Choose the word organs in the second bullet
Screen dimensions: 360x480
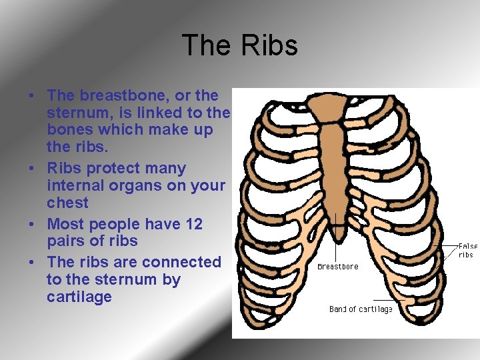tap(139, 185)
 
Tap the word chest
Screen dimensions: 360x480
tap(67, 203)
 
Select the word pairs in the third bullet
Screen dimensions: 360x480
tap(67, 241)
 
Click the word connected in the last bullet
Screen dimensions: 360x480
tap(178, 262)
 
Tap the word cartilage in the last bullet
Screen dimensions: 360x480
tap(79, 297)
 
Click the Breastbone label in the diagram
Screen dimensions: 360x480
tap(337, 267)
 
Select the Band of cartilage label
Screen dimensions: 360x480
tap(361, 309)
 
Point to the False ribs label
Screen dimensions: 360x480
tap(467, 251)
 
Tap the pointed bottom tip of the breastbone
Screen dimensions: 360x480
tap(339, 235)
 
